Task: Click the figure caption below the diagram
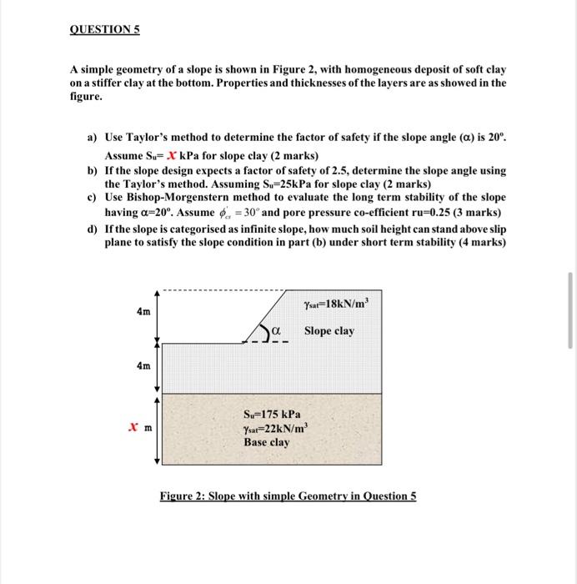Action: (288, 496)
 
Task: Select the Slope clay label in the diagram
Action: (329, 331)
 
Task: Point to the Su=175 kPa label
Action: (272, 414)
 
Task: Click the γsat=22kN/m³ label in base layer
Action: (272, 428)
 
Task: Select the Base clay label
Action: (267, 442)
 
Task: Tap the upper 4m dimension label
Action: (143, 311)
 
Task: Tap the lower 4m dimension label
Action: (143, 365)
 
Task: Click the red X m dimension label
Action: (138, 427)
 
